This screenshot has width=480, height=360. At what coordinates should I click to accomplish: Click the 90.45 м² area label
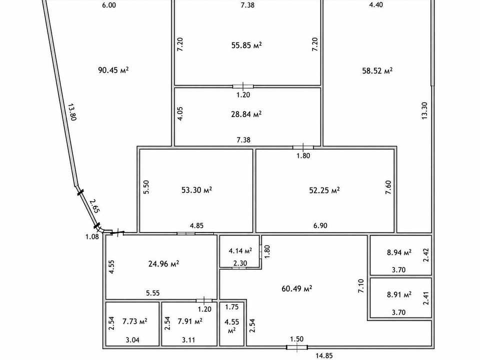click(113, 70)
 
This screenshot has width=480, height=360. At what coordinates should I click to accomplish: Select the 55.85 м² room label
click(246, 45)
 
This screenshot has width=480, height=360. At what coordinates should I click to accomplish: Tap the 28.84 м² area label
click(246, 114)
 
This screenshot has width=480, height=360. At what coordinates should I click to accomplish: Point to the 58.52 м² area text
click(377, 70)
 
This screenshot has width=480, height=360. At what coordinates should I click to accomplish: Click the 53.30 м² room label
click(196, 190)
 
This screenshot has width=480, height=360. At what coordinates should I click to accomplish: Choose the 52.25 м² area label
click(324, 190)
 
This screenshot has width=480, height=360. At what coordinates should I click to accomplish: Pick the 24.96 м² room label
click(163, 263)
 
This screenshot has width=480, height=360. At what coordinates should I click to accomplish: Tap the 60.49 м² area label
click(296, 288)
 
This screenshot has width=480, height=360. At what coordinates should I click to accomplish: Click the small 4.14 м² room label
click(240, 251)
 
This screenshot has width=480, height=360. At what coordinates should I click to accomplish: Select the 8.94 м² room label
click(399, 252)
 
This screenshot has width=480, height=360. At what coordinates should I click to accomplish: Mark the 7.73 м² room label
click(134, 321)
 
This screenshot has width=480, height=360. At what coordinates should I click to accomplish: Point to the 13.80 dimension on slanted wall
click(71, 112)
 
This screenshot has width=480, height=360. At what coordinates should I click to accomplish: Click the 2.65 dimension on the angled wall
click(94, 206)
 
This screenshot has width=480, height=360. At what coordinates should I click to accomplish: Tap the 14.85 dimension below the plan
click(324, 355)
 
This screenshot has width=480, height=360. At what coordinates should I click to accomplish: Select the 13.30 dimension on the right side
click(424, 110)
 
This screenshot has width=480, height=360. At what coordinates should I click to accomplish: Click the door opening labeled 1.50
click(296, 347)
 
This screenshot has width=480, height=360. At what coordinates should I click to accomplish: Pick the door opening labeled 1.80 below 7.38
click(303, 147)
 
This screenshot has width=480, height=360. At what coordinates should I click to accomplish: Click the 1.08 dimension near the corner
click(92, 236)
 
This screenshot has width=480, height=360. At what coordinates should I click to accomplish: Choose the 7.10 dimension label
click(361, 286)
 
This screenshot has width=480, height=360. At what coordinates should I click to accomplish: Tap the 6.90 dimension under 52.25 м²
click(320, 225)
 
